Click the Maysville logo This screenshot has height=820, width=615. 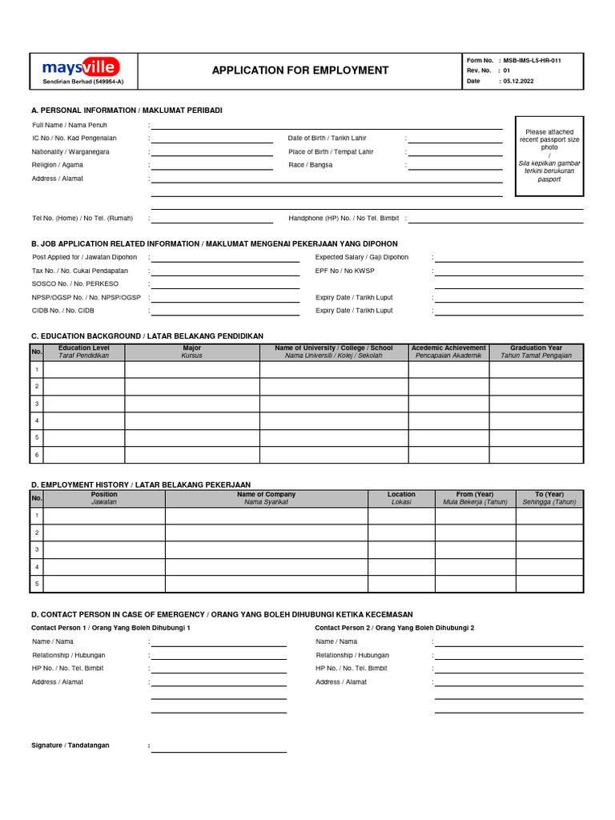point(81,67)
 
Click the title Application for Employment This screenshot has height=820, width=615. point(300,70)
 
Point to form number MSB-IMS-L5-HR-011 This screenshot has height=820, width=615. point(537,60)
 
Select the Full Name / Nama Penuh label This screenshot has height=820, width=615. point(70,125)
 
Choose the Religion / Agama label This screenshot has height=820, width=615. point(58,165)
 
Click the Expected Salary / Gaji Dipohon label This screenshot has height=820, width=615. point(361,257)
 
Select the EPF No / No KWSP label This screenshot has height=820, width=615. point(344,271)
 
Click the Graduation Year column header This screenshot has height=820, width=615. point(536,352)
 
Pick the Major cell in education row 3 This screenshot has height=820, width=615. point(191,404)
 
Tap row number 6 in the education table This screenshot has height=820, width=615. point(36,454)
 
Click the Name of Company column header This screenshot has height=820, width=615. point(266,498)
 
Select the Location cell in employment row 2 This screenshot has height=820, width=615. point(401,533)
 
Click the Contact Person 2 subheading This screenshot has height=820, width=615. point(394,628)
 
